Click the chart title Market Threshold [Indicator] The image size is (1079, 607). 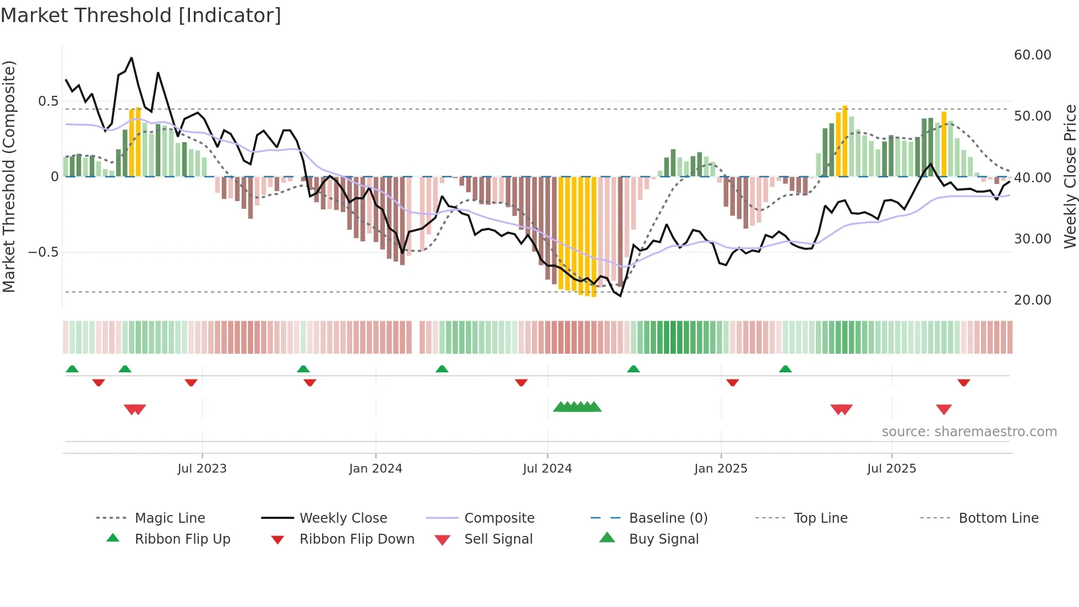[x=141, y=15]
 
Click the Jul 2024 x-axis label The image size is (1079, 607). [x=547, y=469]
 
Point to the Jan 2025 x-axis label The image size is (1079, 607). [x=721, y=469]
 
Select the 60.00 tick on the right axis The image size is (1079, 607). [x=1032, y=55]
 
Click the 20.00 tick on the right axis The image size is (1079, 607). [x=1032, y=300]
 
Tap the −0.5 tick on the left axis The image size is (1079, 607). [x=43, y=252]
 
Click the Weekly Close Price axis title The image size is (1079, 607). [x=1070, y=176]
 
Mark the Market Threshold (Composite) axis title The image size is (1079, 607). [x=9, y=176]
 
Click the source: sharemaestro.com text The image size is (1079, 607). [x=969, y=432]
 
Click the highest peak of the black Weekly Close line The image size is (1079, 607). [x=132, y=57]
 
